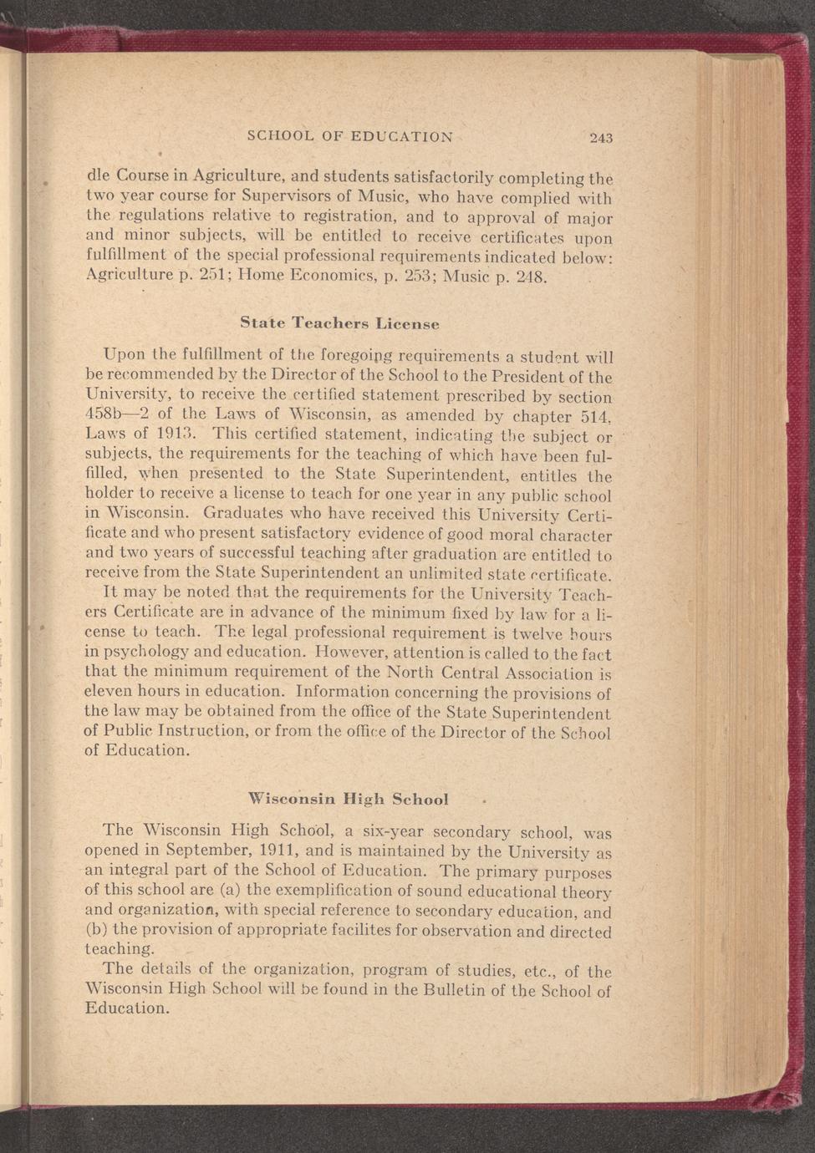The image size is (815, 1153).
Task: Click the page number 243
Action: pos(601,138)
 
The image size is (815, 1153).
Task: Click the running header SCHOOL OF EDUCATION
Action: pos(350,136)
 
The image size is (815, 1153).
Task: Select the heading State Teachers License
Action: pos(339,322)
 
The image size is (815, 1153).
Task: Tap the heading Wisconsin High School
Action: pos(349,799)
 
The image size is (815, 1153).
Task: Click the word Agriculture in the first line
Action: pos(242,176)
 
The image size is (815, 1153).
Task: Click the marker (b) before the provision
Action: pos(97,930)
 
